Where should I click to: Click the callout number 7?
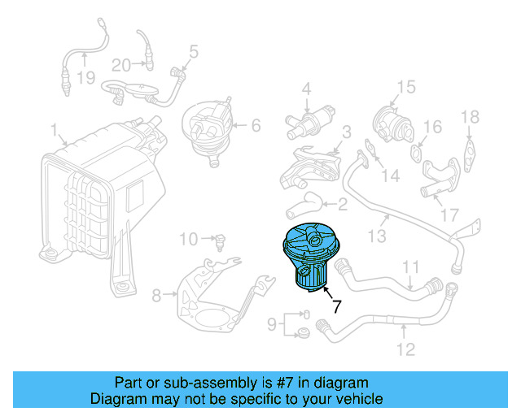(335, 307)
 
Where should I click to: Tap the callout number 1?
(54, 130)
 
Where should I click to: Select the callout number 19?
(86, 79)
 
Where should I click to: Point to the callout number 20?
(121, 64)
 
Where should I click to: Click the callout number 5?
(193, 53)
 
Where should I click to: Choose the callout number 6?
(255, 125)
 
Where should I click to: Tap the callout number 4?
(307, 88)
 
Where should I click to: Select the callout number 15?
(405, 86)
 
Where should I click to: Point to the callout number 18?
(471, 118)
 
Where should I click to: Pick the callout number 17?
(449, 216)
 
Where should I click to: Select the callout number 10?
(188, 239)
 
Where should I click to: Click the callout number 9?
(274, 325)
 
